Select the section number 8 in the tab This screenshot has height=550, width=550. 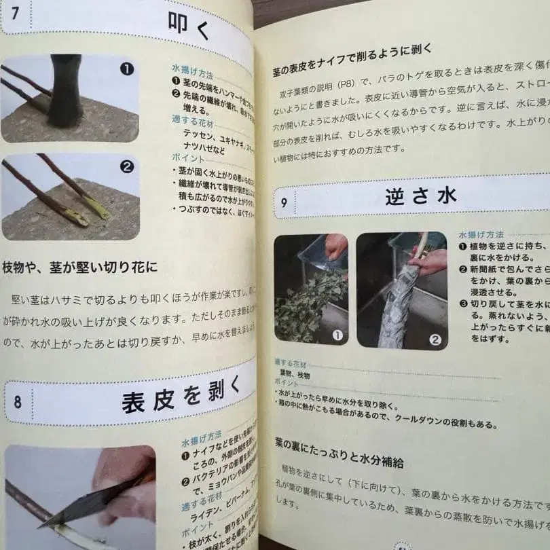point(18,401)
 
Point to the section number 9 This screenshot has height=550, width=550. point(283,202)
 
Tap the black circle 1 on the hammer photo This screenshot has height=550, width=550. point(127,69)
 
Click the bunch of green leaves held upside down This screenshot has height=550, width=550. point(306,299)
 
